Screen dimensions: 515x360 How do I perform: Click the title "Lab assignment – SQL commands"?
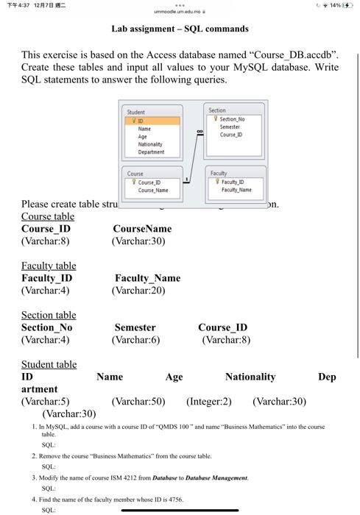(x=180, y=29)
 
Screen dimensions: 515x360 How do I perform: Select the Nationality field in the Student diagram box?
(x=150, y=145)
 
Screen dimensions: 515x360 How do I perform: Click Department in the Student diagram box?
(x=151, y=152)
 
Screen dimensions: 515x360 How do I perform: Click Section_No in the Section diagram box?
(x=232, y=118)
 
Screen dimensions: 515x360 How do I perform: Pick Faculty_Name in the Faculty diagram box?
(x=236, y=190)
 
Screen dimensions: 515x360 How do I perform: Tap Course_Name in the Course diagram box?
(x=154, y=190)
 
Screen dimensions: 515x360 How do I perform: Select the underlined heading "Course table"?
(x=48, y=216)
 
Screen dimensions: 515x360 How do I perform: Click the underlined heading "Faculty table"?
(x=49, y=266)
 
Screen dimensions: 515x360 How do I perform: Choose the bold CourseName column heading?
(x=142, y=229)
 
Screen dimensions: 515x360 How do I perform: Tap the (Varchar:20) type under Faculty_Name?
(x=139, y=291)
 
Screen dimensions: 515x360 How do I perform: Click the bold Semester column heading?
(x=135, y=327)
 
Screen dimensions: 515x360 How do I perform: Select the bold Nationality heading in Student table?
(x=250, y=377)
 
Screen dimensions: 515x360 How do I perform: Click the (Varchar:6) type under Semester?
(x=136, y=340)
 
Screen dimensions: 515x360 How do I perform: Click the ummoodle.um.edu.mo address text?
(x=178, y=11)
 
